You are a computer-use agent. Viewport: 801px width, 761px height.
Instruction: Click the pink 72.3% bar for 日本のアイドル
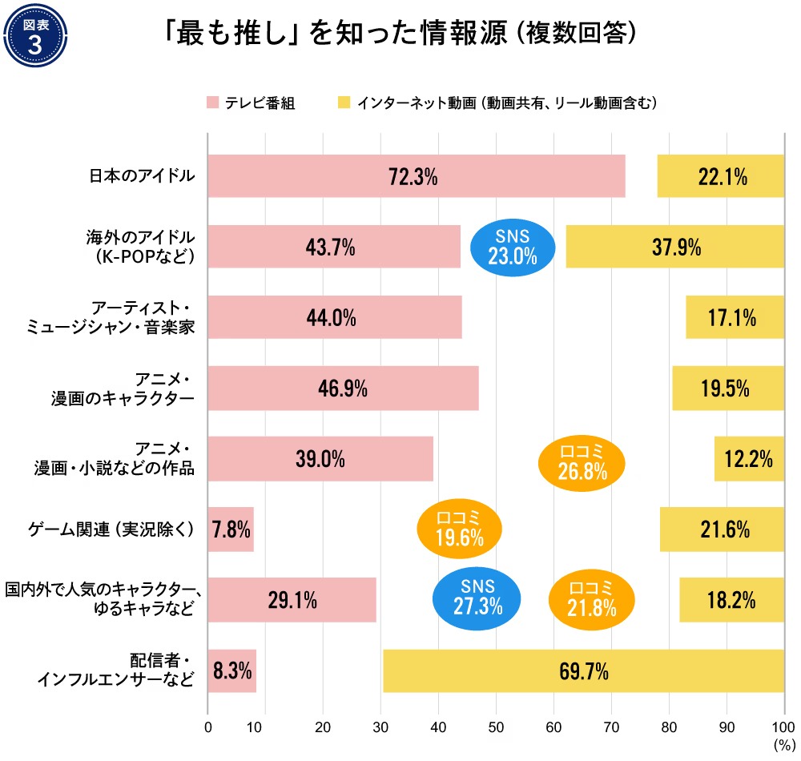416,176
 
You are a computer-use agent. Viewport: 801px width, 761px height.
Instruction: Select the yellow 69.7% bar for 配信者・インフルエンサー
583,670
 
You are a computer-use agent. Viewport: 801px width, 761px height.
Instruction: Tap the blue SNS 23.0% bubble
513,246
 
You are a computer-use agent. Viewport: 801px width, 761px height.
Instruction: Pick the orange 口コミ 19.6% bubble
460,529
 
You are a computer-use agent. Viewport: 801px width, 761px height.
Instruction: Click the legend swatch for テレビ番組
213,103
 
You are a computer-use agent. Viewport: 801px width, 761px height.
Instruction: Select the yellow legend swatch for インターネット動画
344,103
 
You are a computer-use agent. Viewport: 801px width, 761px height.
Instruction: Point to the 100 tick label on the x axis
783,729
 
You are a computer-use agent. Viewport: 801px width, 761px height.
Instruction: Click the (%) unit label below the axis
783,747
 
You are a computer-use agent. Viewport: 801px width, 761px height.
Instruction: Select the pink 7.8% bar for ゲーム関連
231,529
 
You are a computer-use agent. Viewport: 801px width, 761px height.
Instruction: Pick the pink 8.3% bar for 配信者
231,670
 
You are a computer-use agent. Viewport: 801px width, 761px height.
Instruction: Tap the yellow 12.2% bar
749,458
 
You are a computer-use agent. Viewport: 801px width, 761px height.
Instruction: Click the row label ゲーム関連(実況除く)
111,529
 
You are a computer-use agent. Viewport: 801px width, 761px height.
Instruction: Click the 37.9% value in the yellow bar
674,247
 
